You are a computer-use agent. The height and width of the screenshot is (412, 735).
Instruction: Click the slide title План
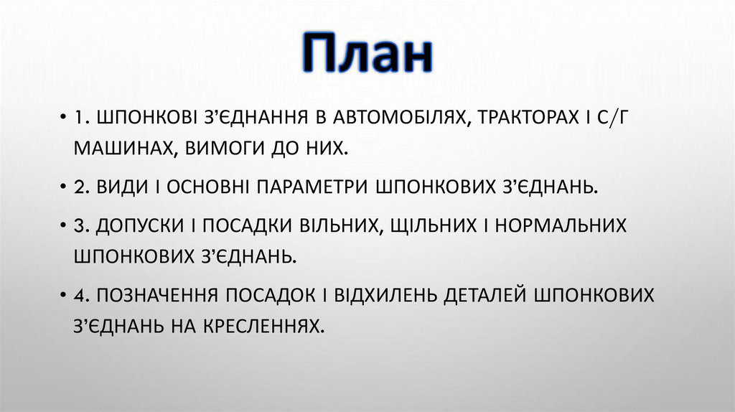tap(367, 55)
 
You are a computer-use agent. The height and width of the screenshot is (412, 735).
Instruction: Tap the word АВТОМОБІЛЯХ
tap(388, 117)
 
